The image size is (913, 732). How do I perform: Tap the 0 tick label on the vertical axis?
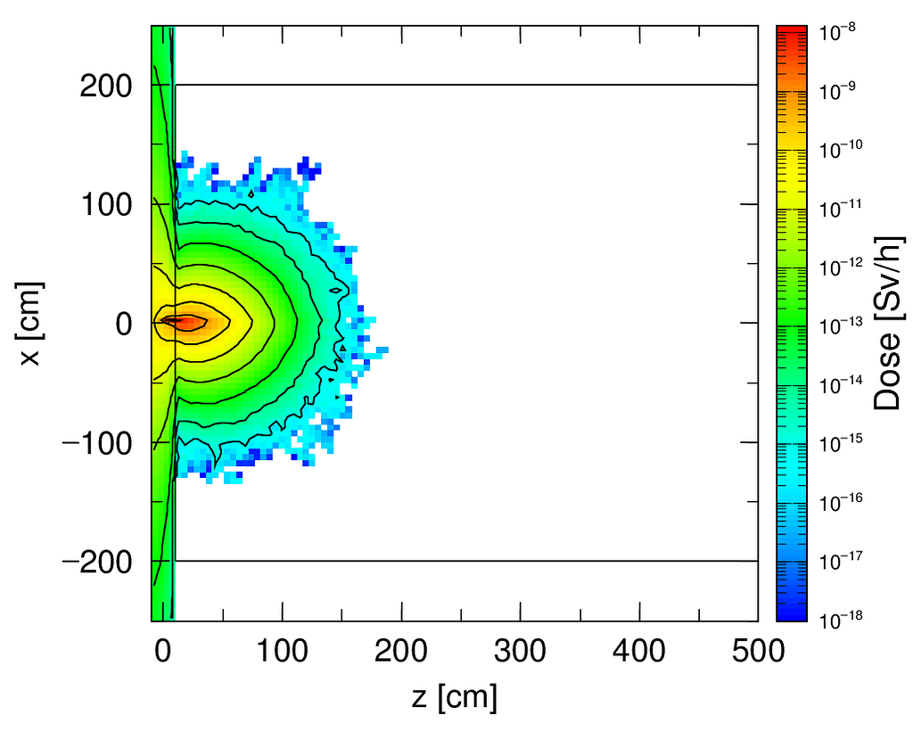tap(123, 324)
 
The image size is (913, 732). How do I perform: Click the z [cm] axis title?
tap(455, 697)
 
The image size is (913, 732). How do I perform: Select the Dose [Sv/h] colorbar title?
tap(888, 323)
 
